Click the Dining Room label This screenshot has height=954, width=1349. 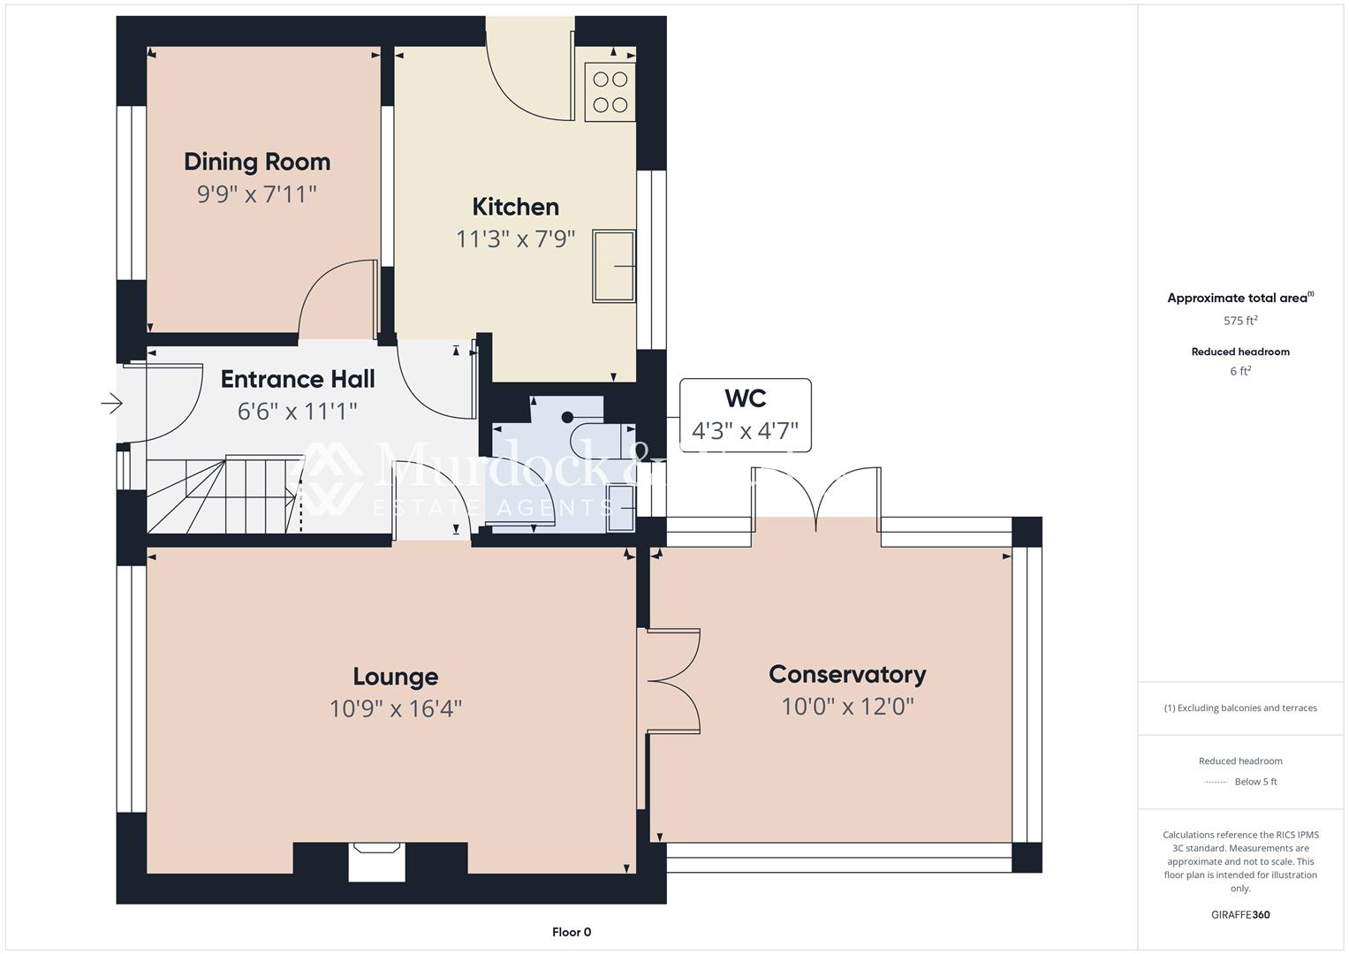pyautogui.click(x=257, y=162)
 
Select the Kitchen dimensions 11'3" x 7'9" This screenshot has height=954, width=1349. pyautogui.click(x=515, y=238)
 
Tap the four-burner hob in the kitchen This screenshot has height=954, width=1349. pyautogui.click(x=610, y=92)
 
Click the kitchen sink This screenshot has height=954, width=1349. pyautogui.click(x=614, y=266)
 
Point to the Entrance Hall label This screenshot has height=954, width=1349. pyautogui.click(x=298, y=379)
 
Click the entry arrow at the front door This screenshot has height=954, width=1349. pyautogui.click(x=111, y=404)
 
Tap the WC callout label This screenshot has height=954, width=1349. pyautogui.click(x=745, y=398)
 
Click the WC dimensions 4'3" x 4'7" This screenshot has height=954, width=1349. pyautogui.click(x=745, y=431)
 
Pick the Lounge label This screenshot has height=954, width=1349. pyautogui.click(x=395, y=677)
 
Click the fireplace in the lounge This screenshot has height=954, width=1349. pyautogui.click(x=376, y=860)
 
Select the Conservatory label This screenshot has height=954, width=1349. pyautogui.click(x=847, y=675)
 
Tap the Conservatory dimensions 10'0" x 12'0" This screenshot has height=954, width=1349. pyautogui.click(x=847, y=707)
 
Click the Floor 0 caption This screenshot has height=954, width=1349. pyautogui.click(x=572, y=932)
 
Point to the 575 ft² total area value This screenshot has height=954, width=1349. pyautogui.click(x=1240, y=321)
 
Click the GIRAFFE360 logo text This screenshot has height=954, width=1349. pyautogui.click(x=1240, y=914)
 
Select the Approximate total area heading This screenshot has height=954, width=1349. pyautogui.click(x=1239, y=298)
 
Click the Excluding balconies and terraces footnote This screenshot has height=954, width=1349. pyautogui.click(x=1240, y=708)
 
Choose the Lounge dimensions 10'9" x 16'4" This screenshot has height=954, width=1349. pyautogui.click(x=395, y=708)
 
